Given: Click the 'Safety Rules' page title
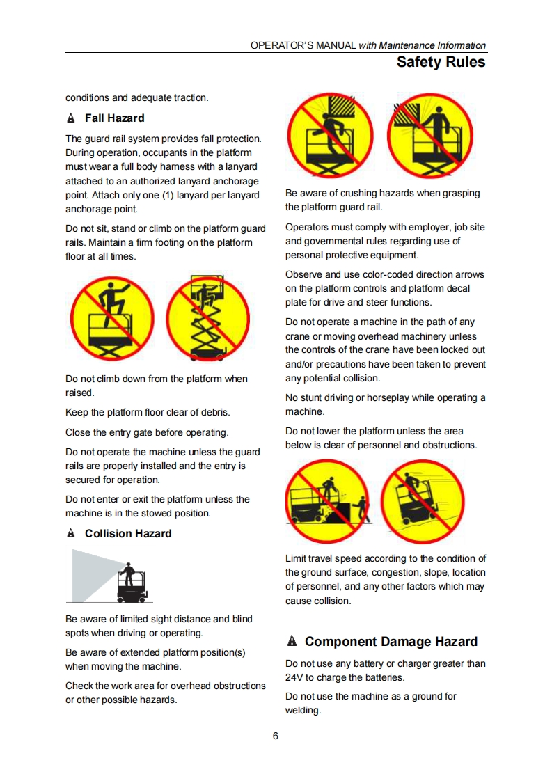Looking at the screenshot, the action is [441, 62].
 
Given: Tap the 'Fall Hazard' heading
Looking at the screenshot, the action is [115, 118].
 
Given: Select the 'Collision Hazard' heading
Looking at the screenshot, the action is [128, 533].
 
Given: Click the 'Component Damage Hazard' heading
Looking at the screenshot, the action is [391, 642].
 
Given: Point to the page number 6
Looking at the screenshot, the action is [276, 736].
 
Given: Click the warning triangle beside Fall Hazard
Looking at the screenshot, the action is [71, 118].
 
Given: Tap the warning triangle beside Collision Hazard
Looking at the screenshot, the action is [71, 533].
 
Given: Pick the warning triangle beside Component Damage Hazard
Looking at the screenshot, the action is [292, 641].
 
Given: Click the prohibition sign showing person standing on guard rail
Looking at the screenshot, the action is [112, 318].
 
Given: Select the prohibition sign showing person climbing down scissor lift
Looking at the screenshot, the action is [207, 318].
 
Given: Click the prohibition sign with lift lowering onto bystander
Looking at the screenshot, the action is [327, 502].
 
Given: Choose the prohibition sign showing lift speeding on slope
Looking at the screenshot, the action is [423, 502].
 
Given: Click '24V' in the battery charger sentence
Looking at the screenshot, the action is [294, 677].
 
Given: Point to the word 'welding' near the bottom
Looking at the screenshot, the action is [302, 710].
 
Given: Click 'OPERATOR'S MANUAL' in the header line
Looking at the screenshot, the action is [303, 45].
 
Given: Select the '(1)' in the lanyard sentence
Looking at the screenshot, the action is [167, 195].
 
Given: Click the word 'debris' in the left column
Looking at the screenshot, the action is [215, 412].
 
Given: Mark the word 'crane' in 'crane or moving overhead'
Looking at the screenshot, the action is [298, 337].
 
